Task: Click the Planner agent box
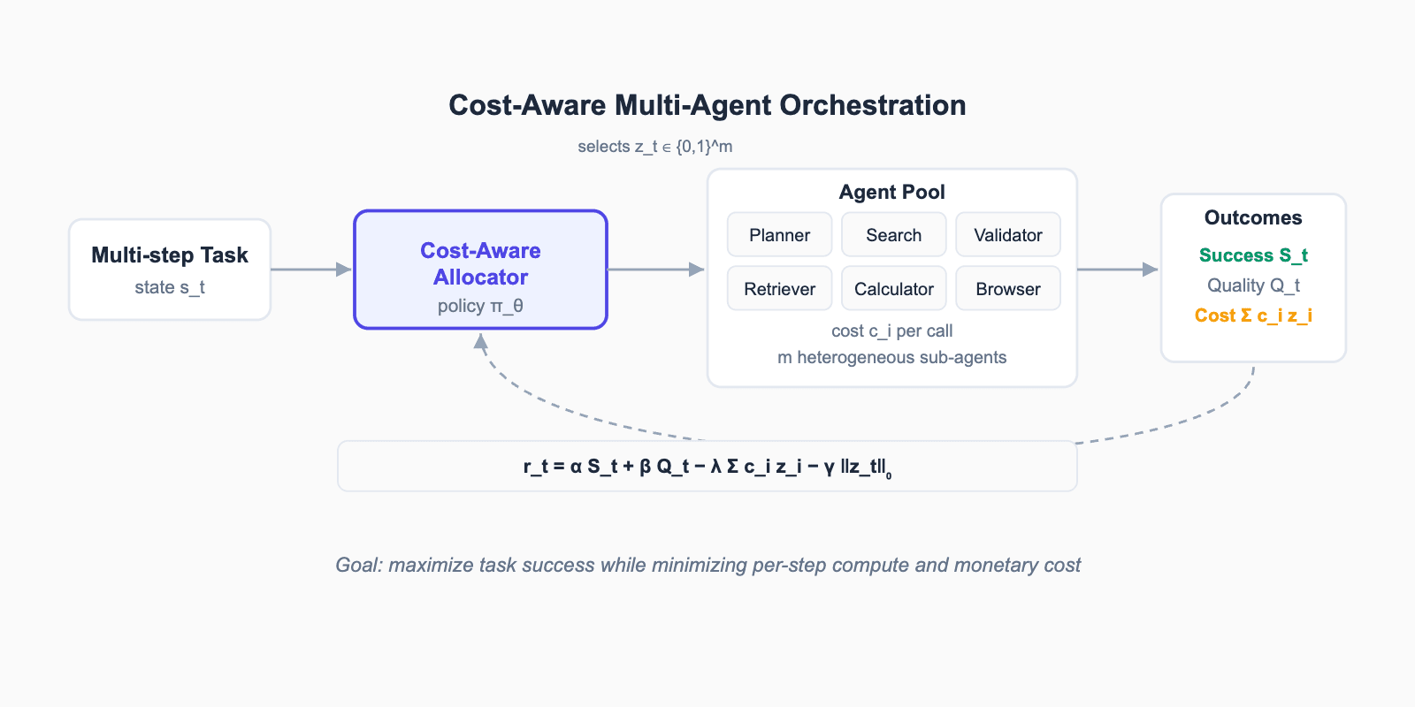[x=779, y=235]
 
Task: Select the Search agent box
[x=894, y=235]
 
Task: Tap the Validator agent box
[x=1008, y=235]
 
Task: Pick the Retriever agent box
[x=779, y=288]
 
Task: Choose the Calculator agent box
[x=894, y=288]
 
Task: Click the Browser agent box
[x=1008, y=288]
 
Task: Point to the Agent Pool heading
[x=892, y=192]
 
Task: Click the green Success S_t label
[x=1253, y=255]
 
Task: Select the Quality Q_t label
[x=1253, y=285]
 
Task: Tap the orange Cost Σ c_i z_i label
[x=1253, y=315]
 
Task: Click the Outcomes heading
[x=1253, y=217]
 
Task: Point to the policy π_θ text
[x=480, y=306]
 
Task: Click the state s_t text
[x=170, y=287]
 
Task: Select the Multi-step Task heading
[x=170, y=255]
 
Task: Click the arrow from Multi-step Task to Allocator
[x=311, y=270]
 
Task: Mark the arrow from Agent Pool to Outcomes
[x=1118, y=270]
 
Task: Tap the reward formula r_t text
[x=707, y=468]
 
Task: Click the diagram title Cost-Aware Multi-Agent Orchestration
[x=707, y=105]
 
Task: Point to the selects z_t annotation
[x=655, y=147]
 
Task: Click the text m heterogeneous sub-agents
[x=892, y=357]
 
